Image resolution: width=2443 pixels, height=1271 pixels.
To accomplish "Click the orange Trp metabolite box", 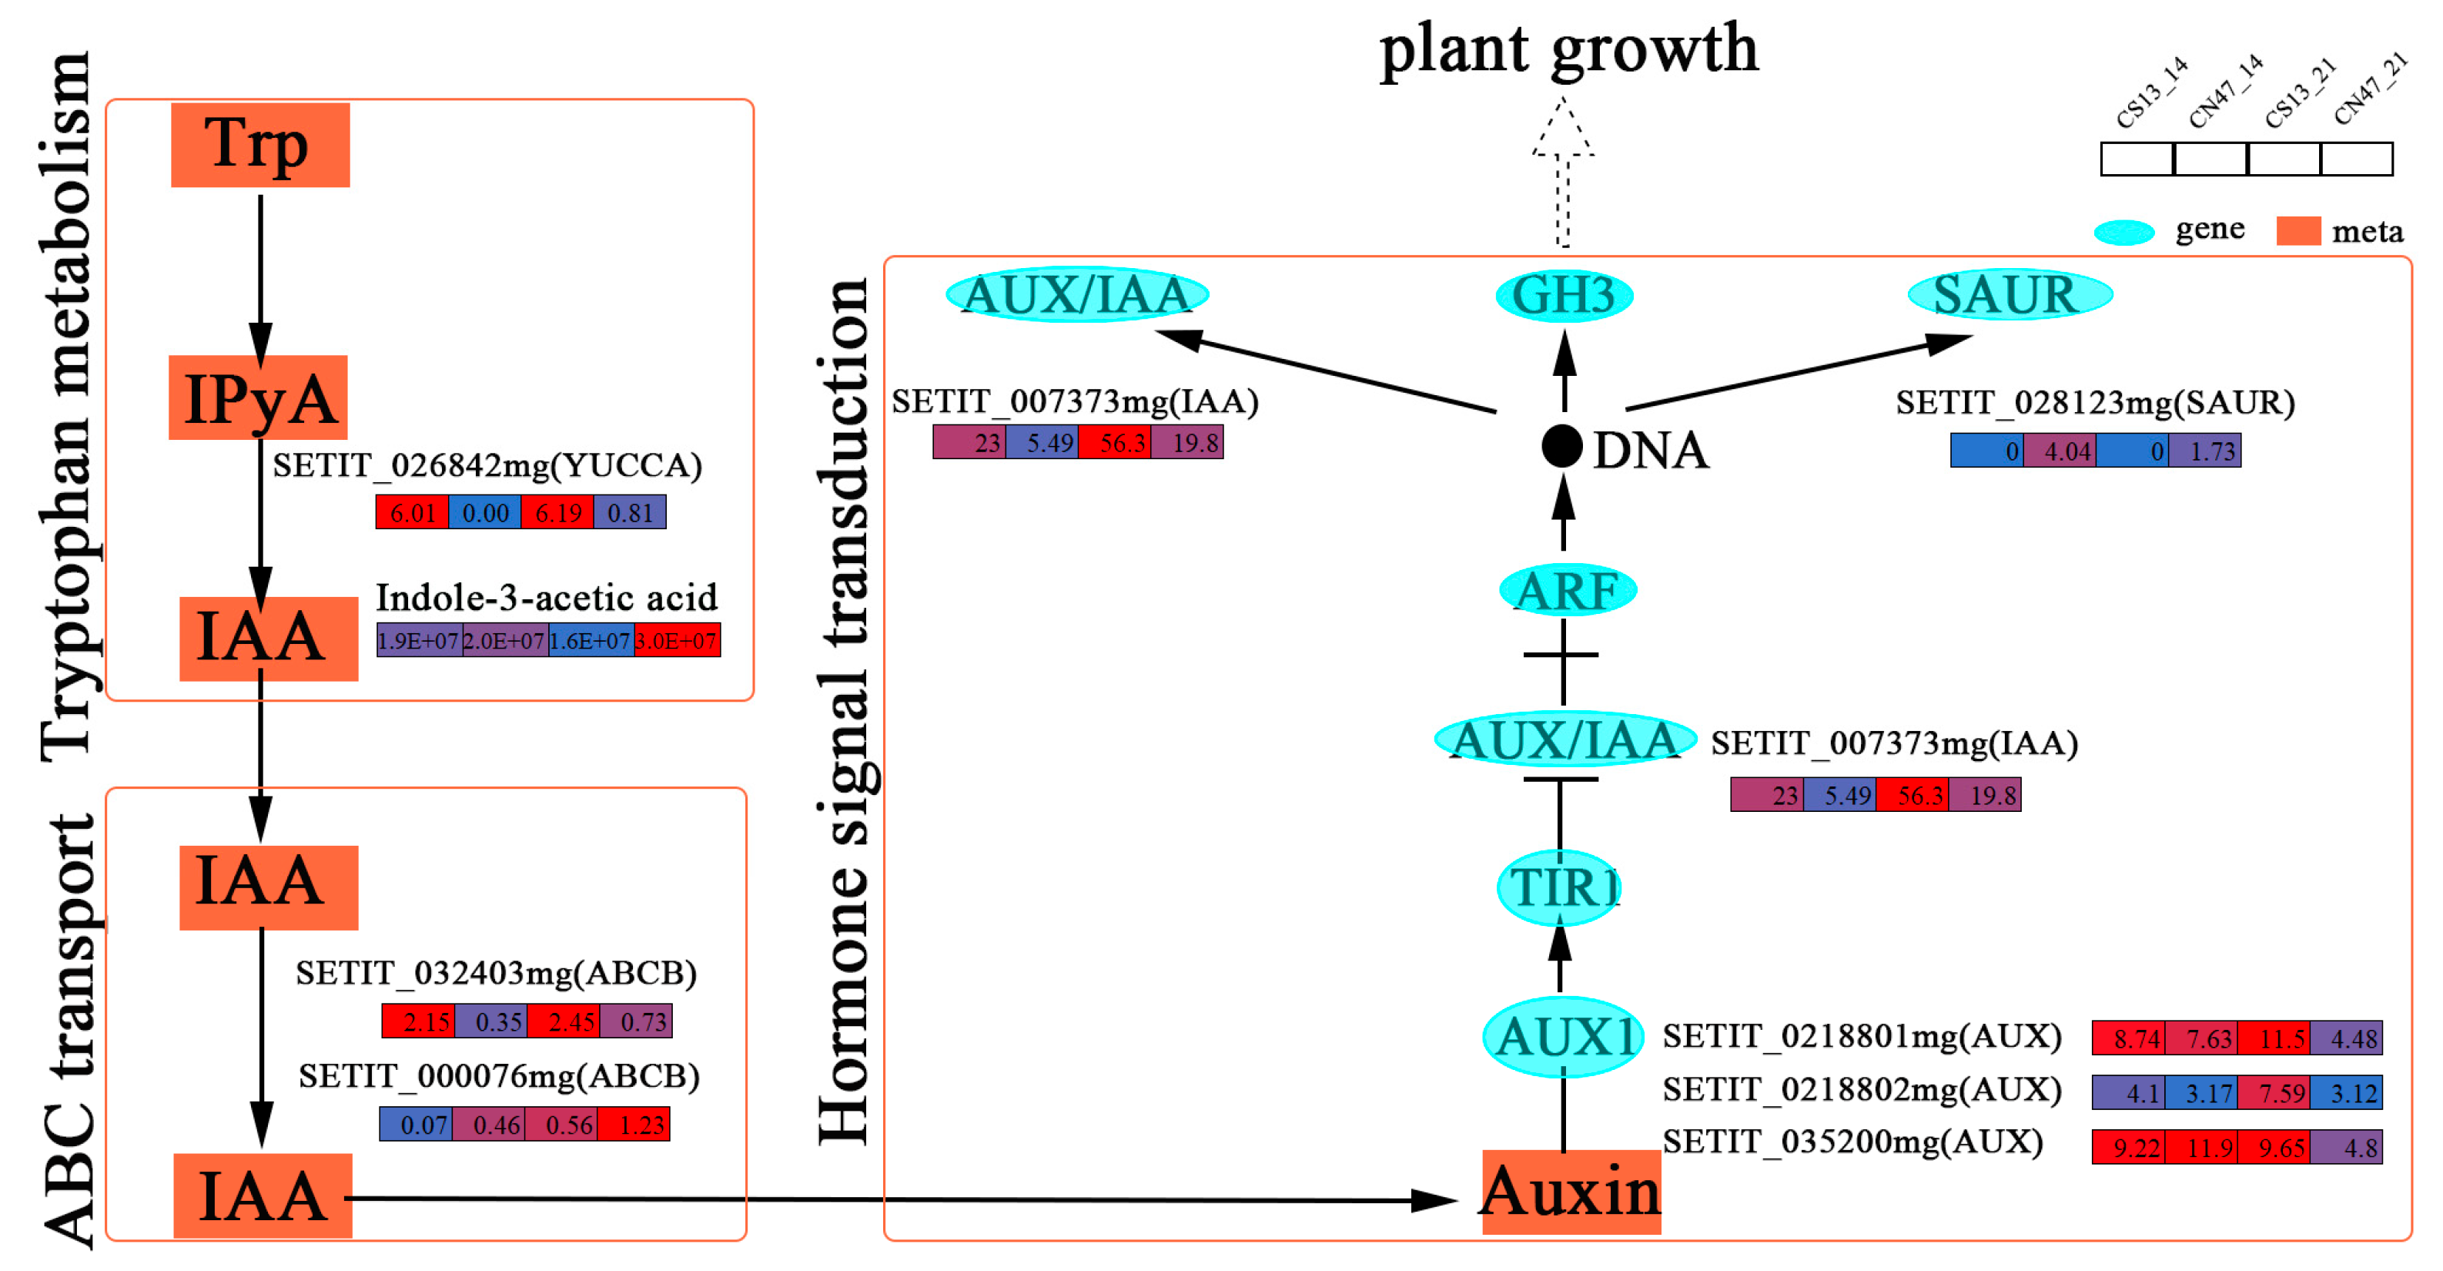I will [x=260, y=144].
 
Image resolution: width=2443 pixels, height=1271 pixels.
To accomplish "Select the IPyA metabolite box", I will [x=258, y=397].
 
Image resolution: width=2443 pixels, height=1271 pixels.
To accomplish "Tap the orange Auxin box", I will [x=1571, y=1192].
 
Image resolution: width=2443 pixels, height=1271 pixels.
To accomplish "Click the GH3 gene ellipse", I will [x=1564, y=296].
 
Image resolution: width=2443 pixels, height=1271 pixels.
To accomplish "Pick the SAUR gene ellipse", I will [x=2009, y=295].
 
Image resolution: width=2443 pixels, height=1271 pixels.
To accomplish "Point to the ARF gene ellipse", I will [x=1567, y=590].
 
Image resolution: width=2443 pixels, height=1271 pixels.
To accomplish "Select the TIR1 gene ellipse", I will [x=1558, y=888].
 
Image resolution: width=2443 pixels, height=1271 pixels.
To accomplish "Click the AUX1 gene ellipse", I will [x=1562, y=1037].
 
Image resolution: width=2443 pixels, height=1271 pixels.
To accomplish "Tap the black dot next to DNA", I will [x=1561, y=446].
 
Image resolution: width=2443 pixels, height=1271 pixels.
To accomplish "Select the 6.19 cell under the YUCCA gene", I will [x=557, y=513].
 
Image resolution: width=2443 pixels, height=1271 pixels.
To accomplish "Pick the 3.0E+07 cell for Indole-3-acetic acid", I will [x=676, y=641].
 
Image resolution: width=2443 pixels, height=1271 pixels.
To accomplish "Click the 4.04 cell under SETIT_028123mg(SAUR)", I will [x=2059, y=451].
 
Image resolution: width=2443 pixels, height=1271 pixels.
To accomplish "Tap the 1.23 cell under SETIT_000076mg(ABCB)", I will [x=634, y=1125].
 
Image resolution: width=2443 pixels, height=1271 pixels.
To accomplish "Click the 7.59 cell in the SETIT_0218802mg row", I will [x=2274, y=1093].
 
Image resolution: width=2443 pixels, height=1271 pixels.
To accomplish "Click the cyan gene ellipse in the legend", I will [x=2123, y=233].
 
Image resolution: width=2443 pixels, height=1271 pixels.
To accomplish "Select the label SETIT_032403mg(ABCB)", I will [x=496, y=973].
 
